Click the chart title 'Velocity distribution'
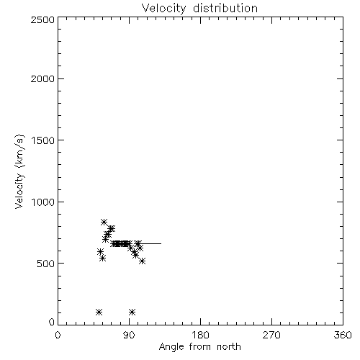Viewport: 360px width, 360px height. point(199,9)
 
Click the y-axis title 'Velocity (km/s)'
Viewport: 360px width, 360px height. point(19,171)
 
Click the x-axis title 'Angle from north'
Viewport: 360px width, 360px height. point(199,347)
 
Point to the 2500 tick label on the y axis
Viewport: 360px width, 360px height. point(42,19)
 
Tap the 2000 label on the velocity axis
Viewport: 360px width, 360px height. point(42,78)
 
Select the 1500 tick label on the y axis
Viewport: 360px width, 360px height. point(43,140)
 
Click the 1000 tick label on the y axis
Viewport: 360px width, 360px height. point(43,202)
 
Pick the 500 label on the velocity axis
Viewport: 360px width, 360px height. point(46,264)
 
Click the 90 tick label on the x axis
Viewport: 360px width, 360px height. point(129,335)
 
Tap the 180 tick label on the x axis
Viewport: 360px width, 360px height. point(200,335)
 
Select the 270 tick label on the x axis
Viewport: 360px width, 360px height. point(271,335)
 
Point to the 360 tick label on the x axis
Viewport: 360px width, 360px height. point(343,335)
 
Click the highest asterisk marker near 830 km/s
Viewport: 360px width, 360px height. point(104,222)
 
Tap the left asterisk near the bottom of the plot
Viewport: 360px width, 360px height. point(99,312)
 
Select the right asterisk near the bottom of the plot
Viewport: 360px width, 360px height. point(132,312)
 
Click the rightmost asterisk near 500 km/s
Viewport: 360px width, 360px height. point(143,261)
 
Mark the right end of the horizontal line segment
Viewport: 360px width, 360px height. point(161,243)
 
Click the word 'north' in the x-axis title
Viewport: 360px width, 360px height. point(229,347)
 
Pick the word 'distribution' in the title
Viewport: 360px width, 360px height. point(225,9)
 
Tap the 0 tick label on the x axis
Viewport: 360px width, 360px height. point(58,335)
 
